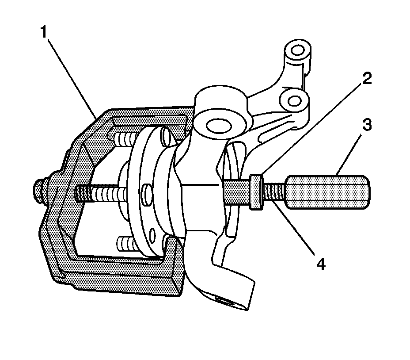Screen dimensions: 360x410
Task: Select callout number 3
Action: click(x=366, y=126)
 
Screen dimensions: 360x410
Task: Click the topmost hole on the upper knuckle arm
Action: click(x=295, y=48)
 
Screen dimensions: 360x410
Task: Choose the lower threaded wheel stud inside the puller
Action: click(x=124, y=243)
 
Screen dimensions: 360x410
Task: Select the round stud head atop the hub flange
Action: click(x=164, y=134)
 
